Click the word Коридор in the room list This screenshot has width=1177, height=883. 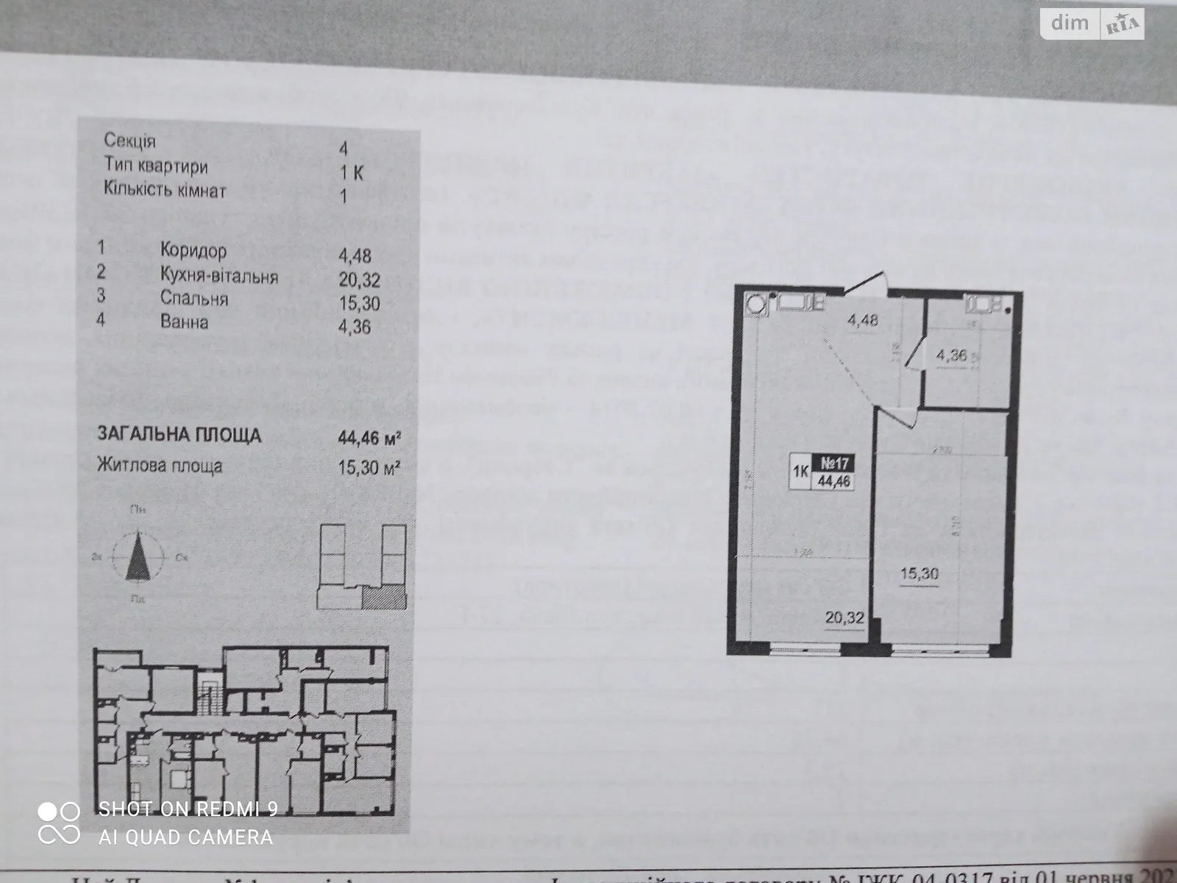193,251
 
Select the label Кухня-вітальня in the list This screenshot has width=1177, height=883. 219,276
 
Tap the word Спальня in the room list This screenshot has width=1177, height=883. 194,299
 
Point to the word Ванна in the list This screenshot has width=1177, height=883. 184,322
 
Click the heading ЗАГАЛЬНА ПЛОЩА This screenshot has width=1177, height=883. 179,435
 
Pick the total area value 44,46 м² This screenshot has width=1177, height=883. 368,439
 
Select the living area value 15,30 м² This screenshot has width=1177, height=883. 368,467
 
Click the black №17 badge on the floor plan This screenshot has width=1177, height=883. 835,464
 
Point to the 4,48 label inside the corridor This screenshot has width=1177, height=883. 862,321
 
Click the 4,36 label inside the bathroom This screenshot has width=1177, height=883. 951,356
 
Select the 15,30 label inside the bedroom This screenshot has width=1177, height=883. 919,573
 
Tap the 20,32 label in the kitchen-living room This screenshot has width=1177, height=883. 844,617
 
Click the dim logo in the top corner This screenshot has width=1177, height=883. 1069,23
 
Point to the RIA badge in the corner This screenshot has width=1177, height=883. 1121,26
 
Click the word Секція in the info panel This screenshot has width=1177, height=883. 129,141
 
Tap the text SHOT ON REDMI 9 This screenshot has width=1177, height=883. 188,809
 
